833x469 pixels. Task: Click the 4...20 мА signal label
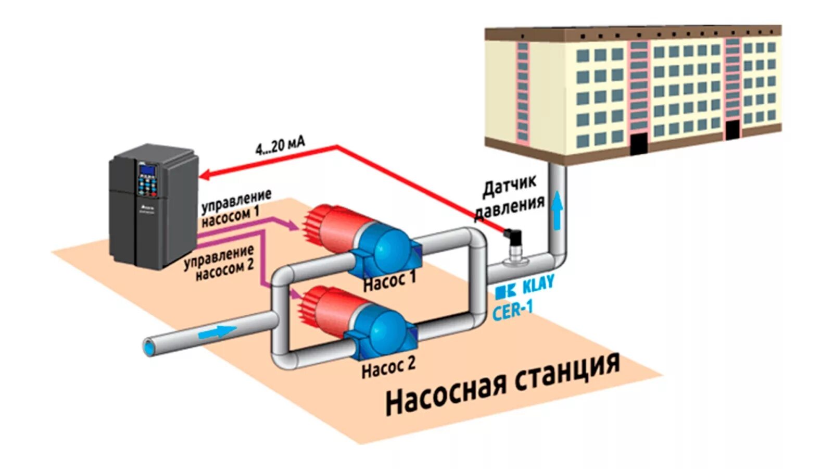coord(280,145)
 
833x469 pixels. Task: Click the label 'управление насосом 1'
coord(236,207)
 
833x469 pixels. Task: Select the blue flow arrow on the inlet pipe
coord(217,331)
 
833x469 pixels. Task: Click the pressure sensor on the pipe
coord(513,245)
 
